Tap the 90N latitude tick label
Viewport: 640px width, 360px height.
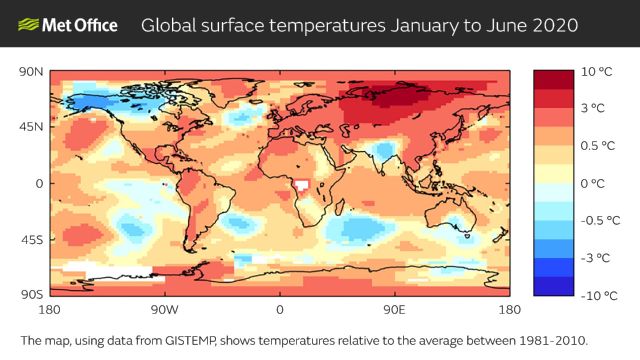coord(31,71)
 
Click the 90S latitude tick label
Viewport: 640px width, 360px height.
coord(31,295)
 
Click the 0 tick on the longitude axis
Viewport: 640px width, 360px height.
coord(280,309)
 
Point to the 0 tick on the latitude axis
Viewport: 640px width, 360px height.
coord(39,183)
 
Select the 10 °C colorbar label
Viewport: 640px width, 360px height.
coord(597,72)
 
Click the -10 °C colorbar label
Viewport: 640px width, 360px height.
coord(599,295)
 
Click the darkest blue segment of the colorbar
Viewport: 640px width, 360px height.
coord(552,285)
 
